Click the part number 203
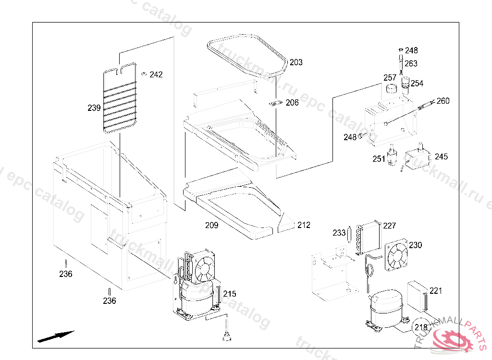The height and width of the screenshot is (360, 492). (x=296, y=62)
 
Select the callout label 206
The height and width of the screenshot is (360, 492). (x=292, y=103)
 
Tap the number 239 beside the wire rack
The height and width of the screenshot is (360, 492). (x=94, y=108)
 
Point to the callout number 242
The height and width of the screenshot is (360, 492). (x=156, y=75)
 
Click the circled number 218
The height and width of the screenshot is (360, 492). (x=421, y=327)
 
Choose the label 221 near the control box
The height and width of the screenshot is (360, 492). (x=436, y=291)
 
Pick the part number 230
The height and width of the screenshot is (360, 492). (x=415, y=245)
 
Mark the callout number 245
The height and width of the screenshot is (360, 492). (x=441, y=157)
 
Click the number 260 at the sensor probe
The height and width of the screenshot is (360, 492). (x=443, y=101)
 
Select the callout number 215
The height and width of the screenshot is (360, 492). (x=230, y=294)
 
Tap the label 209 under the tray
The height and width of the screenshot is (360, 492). (x=212, y=225)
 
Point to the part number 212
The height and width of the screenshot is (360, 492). (x=304, y=225)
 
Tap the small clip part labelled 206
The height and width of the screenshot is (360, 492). (x=275, y=103)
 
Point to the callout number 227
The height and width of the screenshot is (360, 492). (x=389, y=226)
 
